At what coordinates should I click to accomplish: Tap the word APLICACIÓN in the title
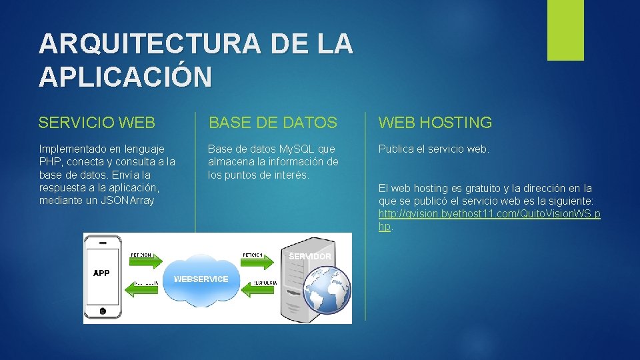125,77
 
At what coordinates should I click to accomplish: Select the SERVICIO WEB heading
97,123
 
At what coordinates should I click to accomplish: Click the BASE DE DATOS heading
273,123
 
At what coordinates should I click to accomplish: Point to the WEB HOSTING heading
435,123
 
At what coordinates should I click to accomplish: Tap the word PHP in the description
49,161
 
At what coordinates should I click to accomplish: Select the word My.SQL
298,149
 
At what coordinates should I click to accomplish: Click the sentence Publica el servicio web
433,149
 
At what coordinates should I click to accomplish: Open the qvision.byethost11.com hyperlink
489,214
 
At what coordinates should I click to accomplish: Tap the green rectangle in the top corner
565,30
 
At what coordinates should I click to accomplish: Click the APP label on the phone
101,273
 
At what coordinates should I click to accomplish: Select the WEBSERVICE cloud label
201,279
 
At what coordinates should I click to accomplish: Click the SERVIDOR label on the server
310,257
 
